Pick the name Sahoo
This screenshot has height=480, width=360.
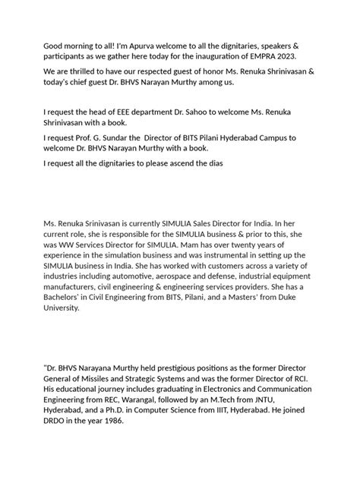tap(192, 112)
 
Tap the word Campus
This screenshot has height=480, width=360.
tap(280, 138)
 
